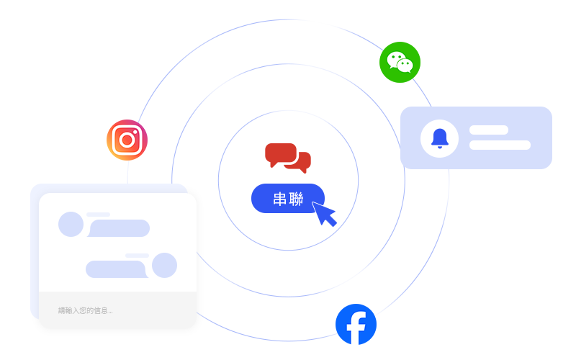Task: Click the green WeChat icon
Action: tap(400, 62)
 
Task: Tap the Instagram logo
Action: tap(127, 140)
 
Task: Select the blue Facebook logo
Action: tap(356, 325)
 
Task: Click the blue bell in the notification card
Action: tap(439, 138)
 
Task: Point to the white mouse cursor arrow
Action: tap(324, 214)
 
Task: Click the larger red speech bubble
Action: tap(279, 153)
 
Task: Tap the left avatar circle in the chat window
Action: tap(71, 224)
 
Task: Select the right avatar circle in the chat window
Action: tap(165, 265)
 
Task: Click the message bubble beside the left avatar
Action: tap(119, 228)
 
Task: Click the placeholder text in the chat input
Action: tap(85, 310)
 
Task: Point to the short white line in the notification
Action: tap(489, 130)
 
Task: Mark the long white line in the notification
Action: tap(500, 145)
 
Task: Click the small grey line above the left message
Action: tap(98, 215)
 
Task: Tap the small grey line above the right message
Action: tap(137, 256)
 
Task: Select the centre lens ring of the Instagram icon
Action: tap(127, 140)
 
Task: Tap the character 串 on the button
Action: tap(280, 199)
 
